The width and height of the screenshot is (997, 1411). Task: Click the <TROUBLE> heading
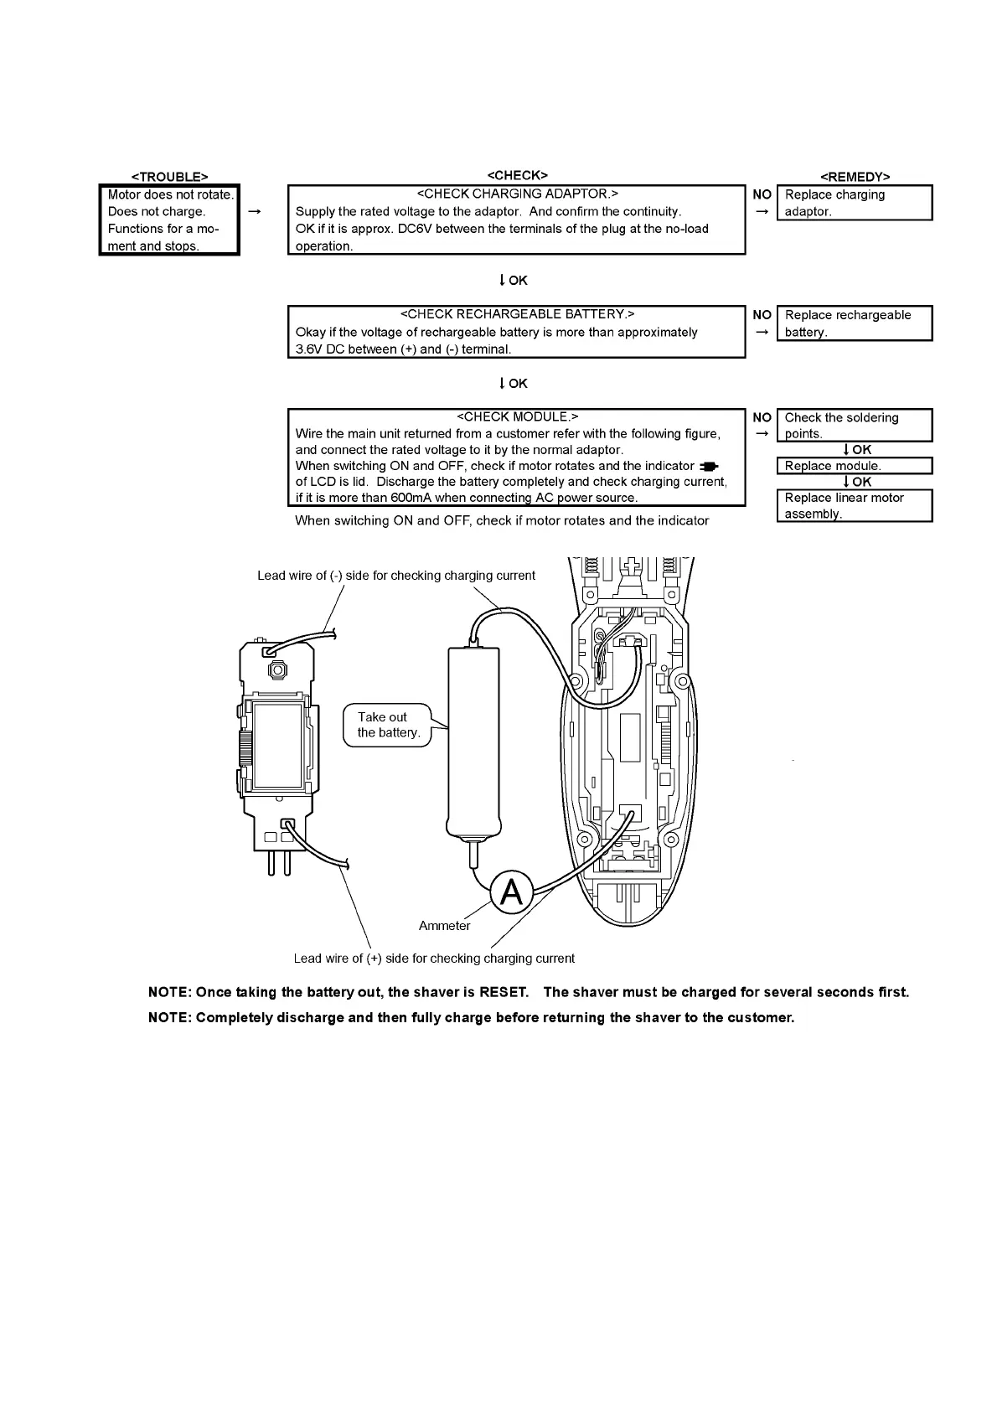169,177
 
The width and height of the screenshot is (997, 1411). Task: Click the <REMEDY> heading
855,177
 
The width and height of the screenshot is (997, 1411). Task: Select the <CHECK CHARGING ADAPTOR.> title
517,194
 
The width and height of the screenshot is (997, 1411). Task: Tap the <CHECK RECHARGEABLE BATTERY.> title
517,314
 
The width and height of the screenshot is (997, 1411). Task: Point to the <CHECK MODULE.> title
517,416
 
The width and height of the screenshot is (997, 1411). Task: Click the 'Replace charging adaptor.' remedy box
855,203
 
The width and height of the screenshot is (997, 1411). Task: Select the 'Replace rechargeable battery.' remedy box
855,323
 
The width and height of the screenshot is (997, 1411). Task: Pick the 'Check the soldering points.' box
855,425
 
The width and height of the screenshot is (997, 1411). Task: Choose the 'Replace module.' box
855,466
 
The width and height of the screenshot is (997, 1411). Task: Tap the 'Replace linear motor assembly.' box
855,505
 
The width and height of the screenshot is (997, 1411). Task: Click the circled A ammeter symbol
511,893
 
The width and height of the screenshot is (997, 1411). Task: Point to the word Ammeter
444,926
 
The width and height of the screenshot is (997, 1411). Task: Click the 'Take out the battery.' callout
388,725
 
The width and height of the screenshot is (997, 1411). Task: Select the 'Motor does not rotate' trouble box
169,220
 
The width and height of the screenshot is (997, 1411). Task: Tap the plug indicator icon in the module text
709,467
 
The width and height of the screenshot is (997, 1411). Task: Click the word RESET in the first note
503,992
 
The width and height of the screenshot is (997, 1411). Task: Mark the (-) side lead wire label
395,576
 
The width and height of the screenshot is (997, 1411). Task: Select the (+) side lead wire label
434,959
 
